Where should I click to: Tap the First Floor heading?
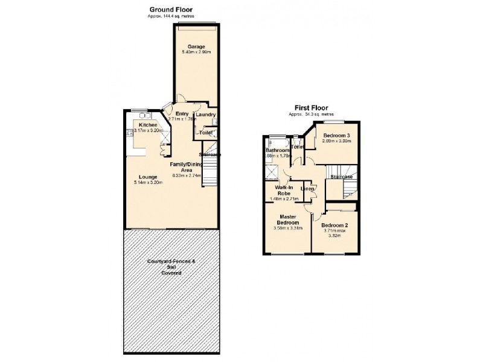(x=312, y=108)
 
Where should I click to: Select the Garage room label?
(x=196, y=46)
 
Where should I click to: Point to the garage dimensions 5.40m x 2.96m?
(x=196, y=52)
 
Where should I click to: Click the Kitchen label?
(x=147, y=124)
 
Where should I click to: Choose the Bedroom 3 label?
(x=337, y=135)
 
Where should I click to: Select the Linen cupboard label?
(x=307, y=190)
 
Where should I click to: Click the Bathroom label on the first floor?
(x=278, y=150)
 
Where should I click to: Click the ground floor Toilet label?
(x=205, y=132)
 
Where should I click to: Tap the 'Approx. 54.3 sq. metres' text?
(x=312, y=114)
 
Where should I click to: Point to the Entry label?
(x=182, y=113)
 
